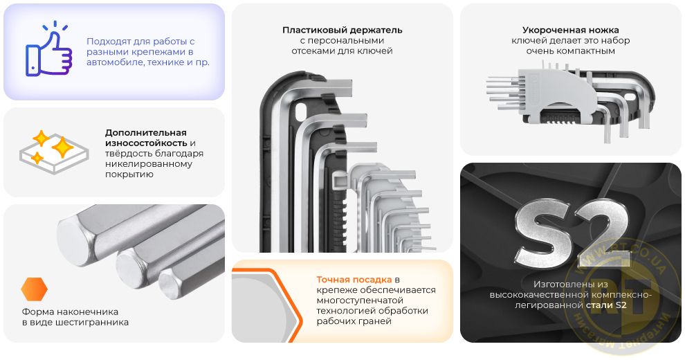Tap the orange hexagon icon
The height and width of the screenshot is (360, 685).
click(x=34, y=289)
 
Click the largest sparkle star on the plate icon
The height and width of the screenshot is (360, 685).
click(x=62, y=147)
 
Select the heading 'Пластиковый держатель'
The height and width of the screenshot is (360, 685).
click(x=342, y=30)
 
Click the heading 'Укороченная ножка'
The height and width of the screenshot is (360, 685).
click(x=571, y=30)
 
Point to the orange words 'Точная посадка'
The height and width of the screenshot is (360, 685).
click(x=354, y=280)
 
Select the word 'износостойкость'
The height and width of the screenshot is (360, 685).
click(x=146, y=143)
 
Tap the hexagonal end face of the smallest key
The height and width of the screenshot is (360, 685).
click(x=170, y=283)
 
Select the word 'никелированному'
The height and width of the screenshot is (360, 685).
click(x=149, y=164)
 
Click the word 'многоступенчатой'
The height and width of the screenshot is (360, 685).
click(x=360, y=300)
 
